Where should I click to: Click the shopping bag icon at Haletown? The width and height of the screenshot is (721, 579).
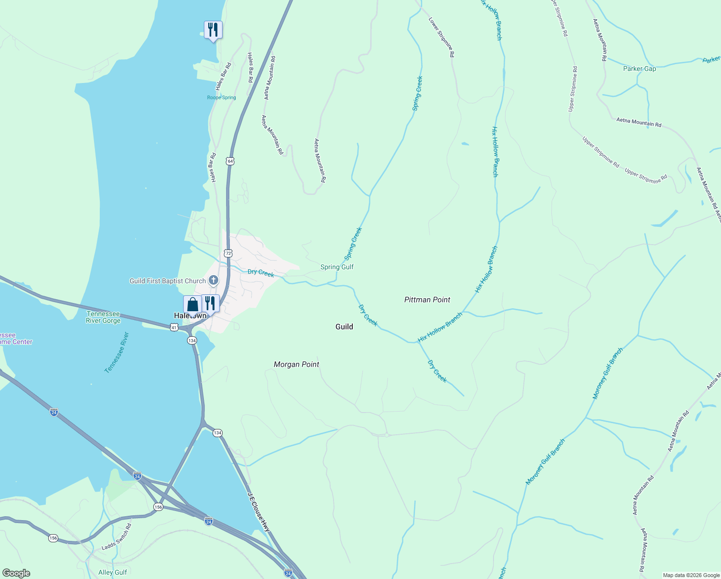coord(192,305)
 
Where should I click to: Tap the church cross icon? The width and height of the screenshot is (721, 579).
coord(214,280)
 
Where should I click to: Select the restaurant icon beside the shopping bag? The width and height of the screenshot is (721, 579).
coord(210,303)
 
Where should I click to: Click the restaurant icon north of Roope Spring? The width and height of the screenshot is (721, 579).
coord(213,30)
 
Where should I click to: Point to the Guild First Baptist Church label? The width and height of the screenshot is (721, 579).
coord(168,281)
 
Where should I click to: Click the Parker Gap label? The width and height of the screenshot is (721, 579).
coord(640,69)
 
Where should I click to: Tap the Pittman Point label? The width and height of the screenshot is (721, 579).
coord(427,300)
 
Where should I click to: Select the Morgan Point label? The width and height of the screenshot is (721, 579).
coord(296,364)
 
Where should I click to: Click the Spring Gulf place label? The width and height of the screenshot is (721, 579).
coord(337,267)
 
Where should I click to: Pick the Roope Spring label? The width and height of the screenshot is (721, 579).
coord(222,97)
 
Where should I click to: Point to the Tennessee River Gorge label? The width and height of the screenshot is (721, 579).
coord(103,317)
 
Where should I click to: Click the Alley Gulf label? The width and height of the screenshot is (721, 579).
coord(113,572)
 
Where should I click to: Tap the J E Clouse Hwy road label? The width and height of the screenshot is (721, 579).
coord(259,512)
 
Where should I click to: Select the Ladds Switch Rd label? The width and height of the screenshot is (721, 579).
coord(117,537)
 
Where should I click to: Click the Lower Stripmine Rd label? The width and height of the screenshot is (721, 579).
coord(441,38)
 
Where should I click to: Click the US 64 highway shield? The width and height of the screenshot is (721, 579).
coord(230,161)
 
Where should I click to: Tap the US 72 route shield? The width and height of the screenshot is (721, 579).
coord(228,253)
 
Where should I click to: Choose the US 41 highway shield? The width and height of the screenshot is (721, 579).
coord(174,327)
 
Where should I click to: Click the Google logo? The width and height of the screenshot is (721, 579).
coord(16,573)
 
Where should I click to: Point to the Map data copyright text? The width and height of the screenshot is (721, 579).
coord(691,575)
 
